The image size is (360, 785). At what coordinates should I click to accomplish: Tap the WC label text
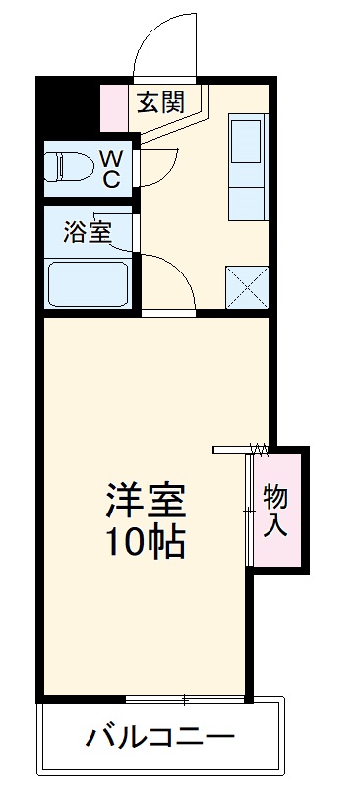(x=111, y=167)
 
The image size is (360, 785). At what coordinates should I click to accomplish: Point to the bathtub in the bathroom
(x=88, y=282)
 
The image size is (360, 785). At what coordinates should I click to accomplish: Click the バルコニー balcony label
(x=159, y=736)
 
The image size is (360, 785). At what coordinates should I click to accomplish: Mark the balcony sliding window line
(x=185, y=700)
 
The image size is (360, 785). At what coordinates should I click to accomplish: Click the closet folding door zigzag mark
(x=259, y=450)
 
